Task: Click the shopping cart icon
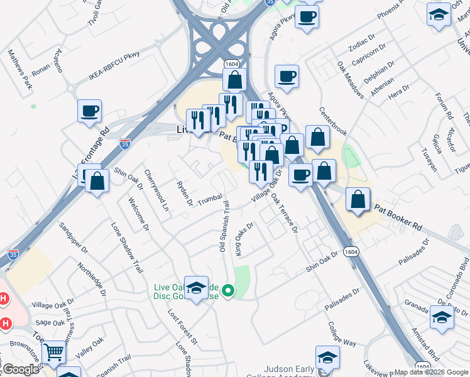(53, 353)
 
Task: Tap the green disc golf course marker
(229, 291)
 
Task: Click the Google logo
(20, 370)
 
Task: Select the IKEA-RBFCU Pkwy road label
(114, 67)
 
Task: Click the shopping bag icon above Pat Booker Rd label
(358, 200)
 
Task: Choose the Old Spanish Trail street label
(224, 226)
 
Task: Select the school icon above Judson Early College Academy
(327, 358)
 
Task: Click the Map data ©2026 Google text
(430, 372)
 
